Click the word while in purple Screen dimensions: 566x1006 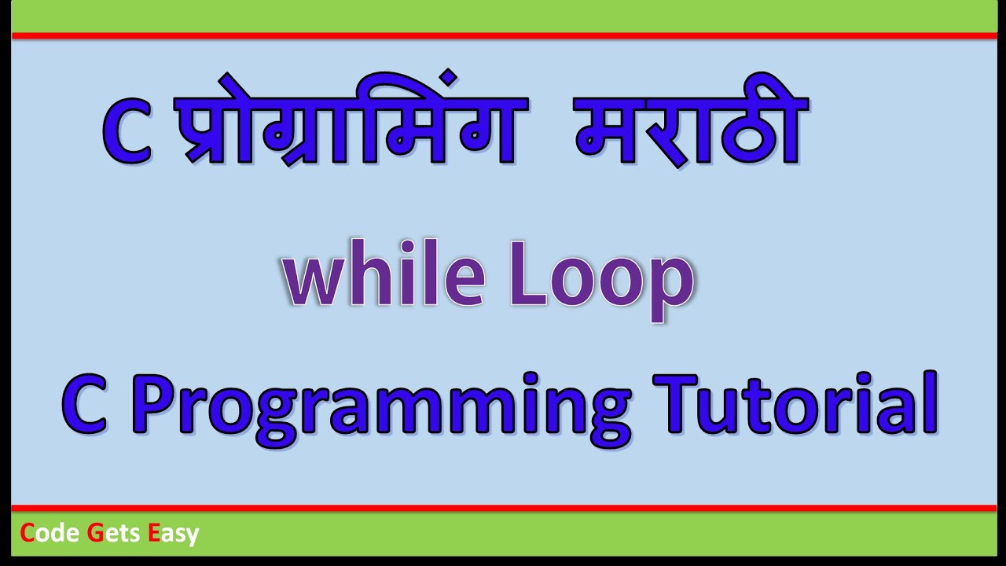(382, 279)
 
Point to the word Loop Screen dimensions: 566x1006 (602, 281)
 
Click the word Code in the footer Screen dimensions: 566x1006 (50, 534)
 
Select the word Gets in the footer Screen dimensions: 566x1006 (113, 534)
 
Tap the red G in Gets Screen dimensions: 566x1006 (95, 534)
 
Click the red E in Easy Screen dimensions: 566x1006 (153, 534)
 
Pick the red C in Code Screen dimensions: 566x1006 (28, 534)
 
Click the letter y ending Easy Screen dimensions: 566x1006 (193, 537)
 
